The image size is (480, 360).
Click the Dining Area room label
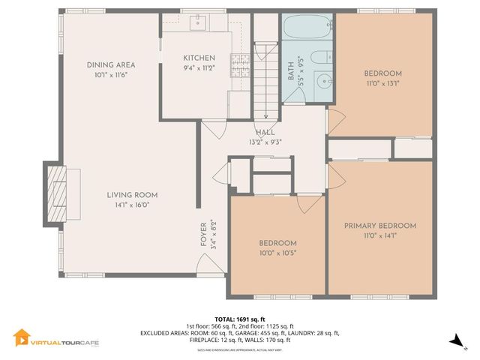coord(110,65)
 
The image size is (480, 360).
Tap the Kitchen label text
coord(199,58)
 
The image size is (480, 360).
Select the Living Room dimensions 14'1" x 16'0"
coord(131,205)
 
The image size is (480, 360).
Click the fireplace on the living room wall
coord(57,194)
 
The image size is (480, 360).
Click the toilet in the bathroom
coord(319,58)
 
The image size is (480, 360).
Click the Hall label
coord(264,133)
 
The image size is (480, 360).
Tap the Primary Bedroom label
coord(379,226)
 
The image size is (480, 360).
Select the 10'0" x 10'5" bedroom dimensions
coord(277,253)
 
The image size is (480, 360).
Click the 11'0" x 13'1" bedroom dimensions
coord(382,83)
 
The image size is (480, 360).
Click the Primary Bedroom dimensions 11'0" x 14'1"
coord(379,235)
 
